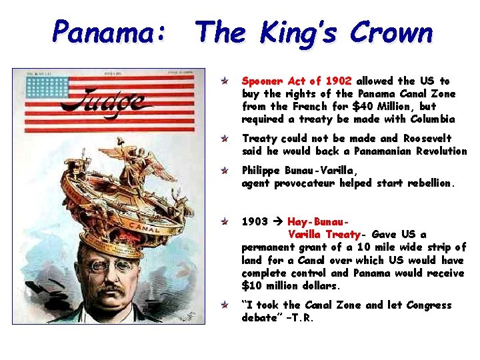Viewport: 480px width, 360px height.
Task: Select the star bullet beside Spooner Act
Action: (x=226, y=81)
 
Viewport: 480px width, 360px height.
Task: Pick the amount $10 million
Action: (x=269, y=286)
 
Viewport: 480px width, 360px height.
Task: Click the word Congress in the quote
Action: (x=427, y=305)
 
